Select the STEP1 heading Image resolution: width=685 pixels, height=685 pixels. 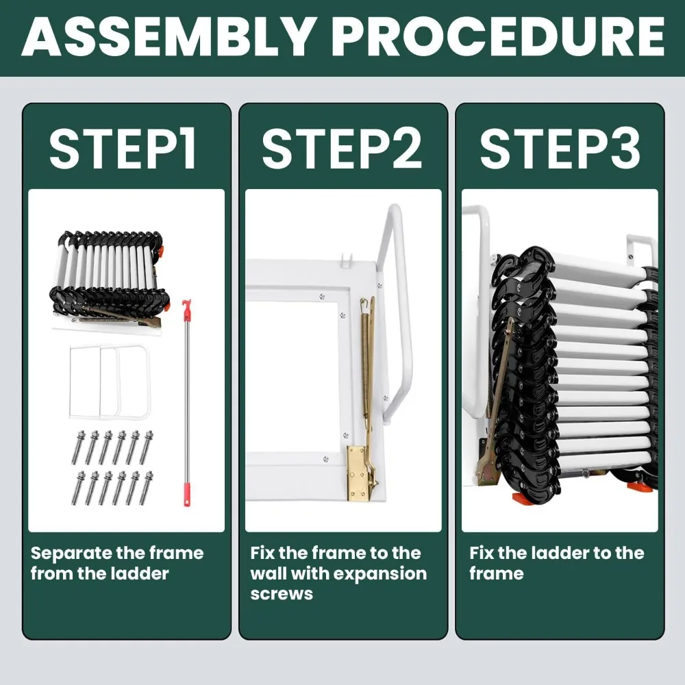click(x=123, y=149)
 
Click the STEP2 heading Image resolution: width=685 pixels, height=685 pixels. click(x=342, y=149)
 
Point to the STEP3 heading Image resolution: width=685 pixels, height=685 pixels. click(x=560, y=149)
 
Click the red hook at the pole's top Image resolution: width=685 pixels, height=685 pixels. click(x=186, y=310)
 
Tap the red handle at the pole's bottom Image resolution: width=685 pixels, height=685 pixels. click(x=188, y=495)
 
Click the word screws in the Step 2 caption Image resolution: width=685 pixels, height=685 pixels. click(x=282, y=594)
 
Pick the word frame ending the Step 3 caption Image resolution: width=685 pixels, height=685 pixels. click(x=496, y=573)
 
